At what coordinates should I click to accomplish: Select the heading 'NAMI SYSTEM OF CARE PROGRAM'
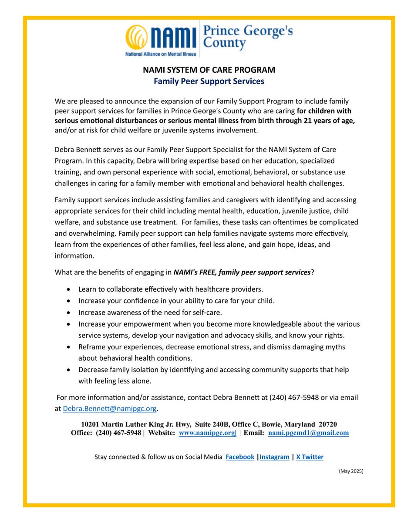tap(209, 70)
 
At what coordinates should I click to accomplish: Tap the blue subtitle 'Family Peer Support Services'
tap(209, 81)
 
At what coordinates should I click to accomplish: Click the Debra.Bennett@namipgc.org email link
tap(109, 409)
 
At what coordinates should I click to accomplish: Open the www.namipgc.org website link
tap(207, 433)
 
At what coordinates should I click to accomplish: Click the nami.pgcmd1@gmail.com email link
tap(308, 433)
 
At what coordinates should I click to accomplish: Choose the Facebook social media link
tap(240, 457)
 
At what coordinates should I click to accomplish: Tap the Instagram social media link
tap(274, 457)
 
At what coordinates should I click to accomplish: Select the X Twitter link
tap(310, 457)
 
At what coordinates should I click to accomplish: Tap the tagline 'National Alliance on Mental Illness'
tap(161, 55)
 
